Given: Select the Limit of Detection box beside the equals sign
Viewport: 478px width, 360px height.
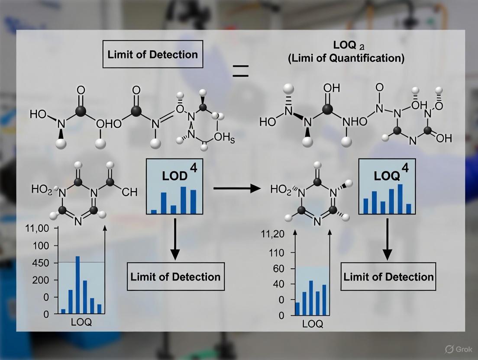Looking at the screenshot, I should [152, 55].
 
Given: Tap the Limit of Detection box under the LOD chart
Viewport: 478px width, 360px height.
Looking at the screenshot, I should [175, 276].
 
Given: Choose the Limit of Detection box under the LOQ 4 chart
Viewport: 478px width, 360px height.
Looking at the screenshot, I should [388, 276].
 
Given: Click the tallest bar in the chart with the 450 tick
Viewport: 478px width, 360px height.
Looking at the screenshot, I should [78, 284].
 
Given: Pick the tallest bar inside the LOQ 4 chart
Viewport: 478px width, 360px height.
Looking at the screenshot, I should [400, 199].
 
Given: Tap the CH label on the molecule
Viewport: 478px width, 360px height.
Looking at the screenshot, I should [129, 192].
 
